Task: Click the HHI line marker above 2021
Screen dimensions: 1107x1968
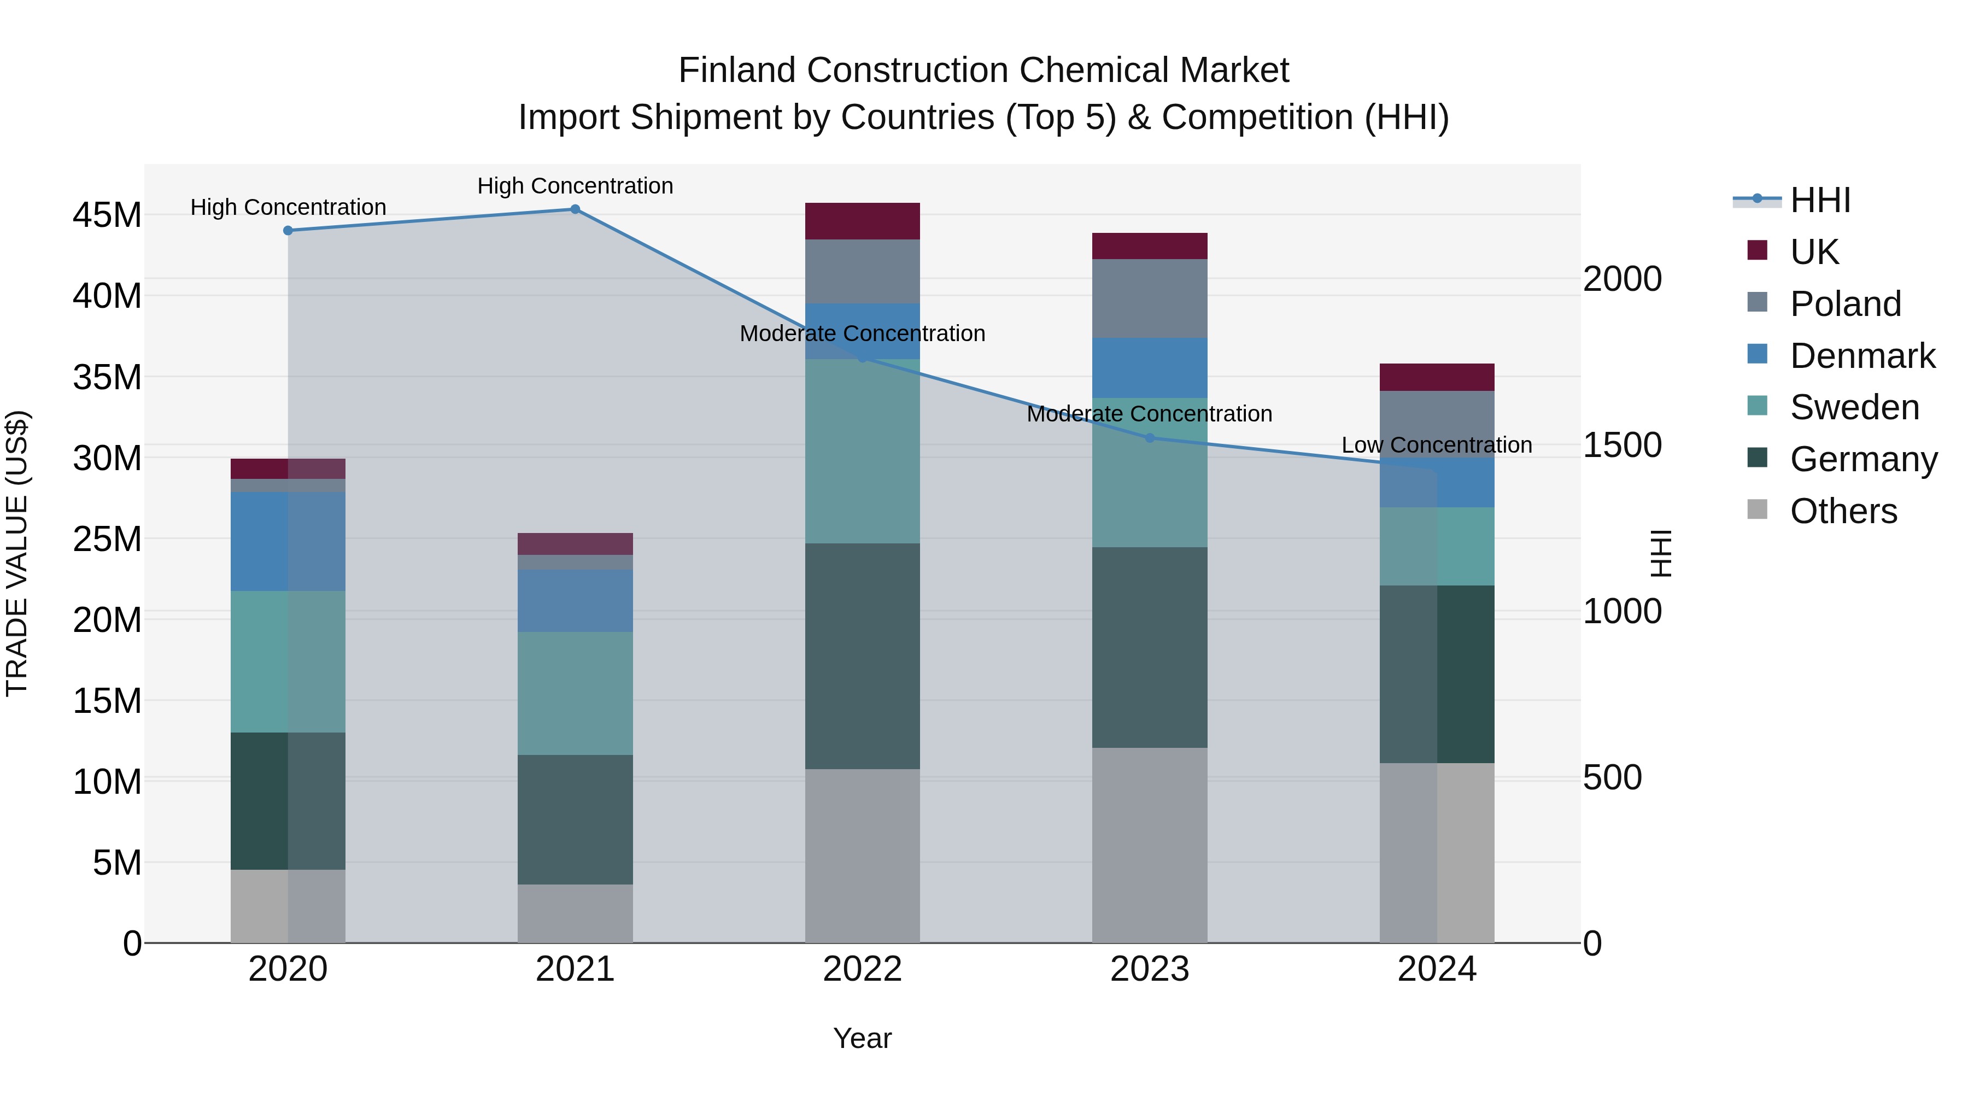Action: tap(575, 209)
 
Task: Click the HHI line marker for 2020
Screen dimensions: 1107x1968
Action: tap(288, 231)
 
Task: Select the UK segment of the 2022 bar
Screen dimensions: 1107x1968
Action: tap(863, 221)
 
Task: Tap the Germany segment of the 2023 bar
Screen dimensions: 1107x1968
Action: tap(1150, 647)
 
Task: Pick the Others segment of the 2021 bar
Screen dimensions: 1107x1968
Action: tap(575, 913)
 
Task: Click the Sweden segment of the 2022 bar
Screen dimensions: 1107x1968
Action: tap(863, 451)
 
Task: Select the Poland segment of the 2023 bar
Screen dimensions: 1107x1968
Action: tap(1150, 298)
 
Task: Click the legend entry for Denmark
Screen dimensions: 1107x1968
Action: tap(1862, 356)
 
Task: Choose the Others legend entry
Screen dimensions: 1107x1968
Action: tap(1843, 511)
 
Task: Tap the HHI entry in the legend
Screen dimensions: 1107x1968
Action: tap(1820, 200)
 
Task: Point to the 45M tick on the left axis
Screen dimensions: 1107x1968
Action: tap(107, 215)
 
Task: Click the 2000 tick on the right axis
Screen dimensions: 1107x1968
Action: tap(1622, 279)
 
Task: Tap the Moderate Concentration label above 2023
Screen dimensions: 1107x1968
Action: tap(1149, 414)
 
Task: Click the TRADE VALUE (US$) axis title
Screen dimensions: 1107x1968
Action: tap(17, 553)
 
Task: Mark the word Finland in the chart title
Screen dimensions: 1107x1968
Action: tap(737, 71)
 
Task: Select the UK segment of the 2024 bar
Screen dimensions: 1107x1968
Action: tap(1436, 377)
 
